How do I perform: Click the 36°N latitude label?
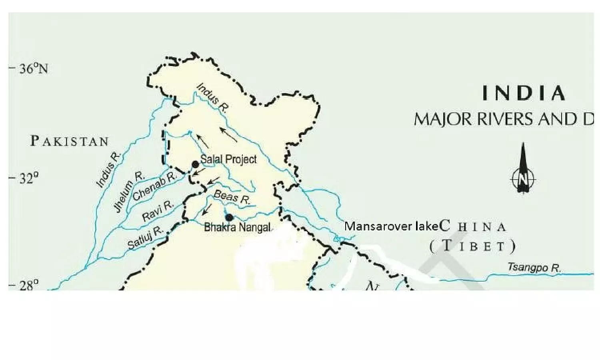34,68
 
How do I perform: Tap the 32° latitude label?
29,178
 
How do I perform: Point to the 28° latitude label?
29,285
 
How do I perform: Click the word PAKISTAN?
70,141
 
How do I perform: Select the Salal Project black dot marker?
195,164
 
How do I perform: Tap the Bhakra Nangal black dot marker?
229,217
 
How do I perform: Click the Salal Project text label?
228,159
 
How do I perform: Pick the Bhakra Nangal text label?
237,228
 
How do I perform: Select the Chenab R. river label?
154,186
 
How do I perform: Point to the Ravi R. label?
158,211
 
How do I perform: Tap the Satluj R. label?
145,238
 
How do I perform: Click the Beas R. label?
232,197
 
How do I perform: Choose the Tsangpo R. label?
534,267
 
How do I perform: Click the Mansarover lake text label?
392,226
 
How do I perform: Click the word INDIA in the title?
524,93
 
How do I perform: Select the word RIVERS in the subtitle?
505,119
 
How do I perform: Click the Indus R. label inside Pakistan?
108,170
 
